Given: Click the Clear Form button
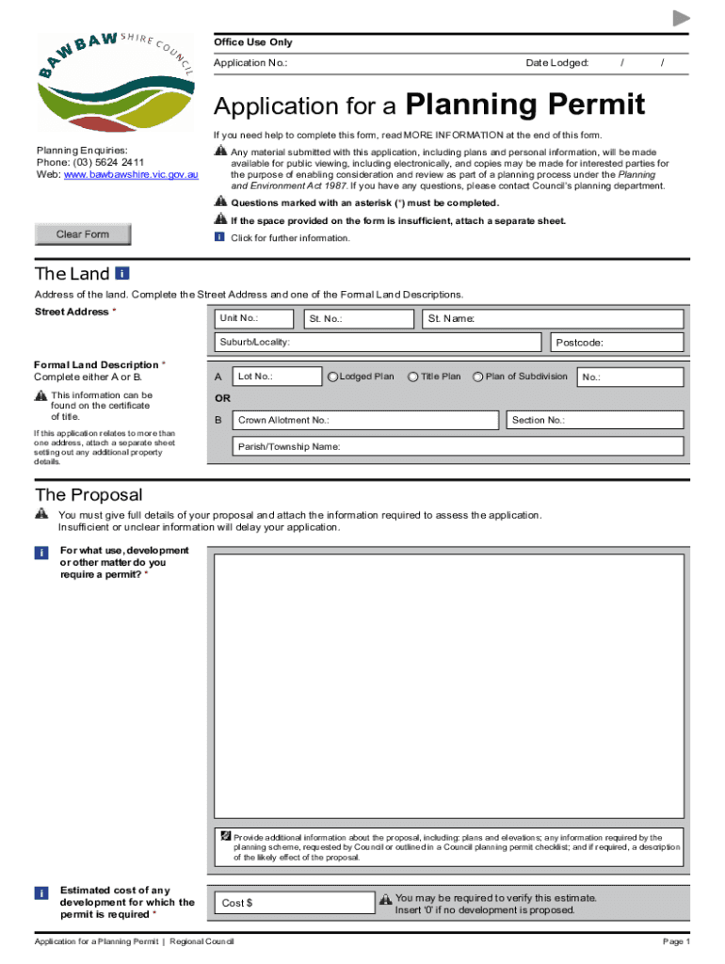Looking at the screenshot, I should (x=83, y=234).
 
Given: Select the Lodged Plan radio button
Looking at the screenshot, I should (x=332, y=378).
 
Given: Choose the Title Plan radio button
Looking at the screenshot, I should (x=413, y=378).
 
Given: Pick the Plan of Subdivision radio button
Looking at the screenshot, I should (x=478, y=378).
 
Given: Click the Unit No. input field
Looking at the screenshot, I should (x=253, y=319).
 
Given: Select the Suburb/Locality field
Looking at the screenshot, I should (x=378, y=342).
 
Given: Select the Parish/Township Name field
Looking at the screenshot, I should (x=458, y=446).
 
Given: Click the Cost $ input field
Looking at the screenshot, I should (x=295, y=904).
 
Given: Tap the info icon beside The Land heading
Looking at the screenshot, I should (x=121, y=274).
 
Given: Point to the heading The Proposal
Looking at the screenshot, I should (x=89, y=495).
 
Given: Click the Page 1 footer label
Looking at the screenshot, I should (x=676, y=942).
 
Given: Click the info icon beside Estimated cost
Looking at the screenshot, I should (x=41, y=892).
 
